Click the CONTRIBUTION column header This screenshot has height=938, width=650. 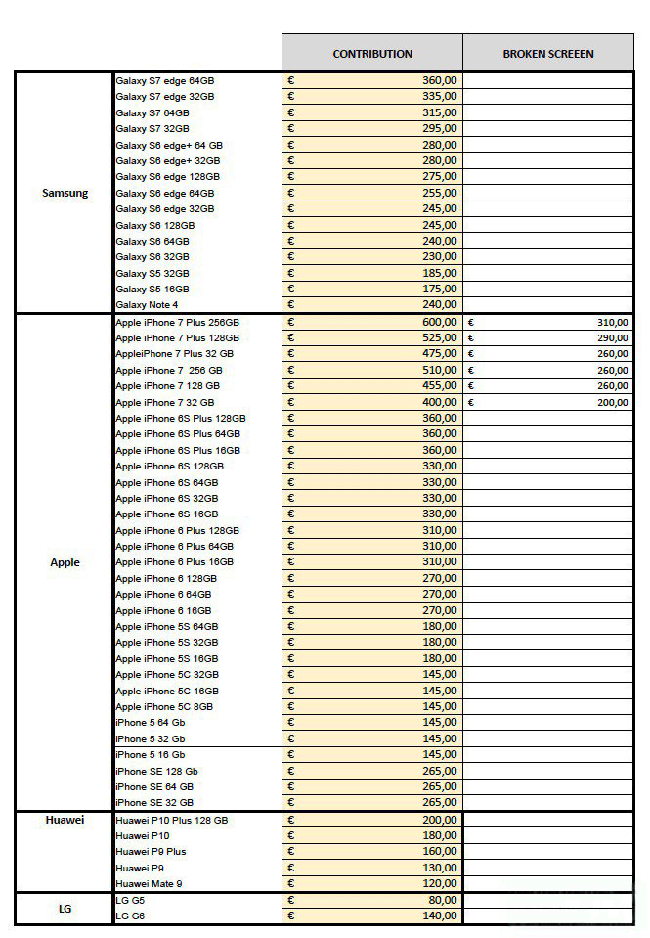372,54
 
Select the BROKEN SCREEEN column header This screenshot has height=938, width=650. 548,54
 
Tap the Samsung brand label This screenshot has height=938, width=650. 65,193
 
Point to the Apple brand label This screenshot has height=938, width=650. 65,562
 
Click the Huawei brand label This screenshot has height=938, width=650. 65,820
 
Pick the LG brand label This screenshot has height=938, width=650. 65,908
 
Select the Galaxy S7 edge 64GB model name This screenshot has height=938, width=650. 164,80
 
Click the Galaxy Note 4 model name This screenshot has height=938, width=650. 147,305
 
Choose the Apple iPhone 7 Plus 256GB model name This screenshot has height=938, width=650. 177,322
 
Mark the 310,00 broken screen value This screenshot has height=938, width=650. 613,322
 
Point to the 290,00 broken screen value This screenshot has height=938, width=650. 613,337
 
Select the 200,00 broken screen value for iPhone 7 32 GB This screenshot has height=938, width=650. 613,402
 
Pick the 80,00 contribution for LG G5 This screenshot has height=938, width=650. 442,900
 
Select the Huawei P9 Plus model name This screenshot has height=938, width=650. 151,851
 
